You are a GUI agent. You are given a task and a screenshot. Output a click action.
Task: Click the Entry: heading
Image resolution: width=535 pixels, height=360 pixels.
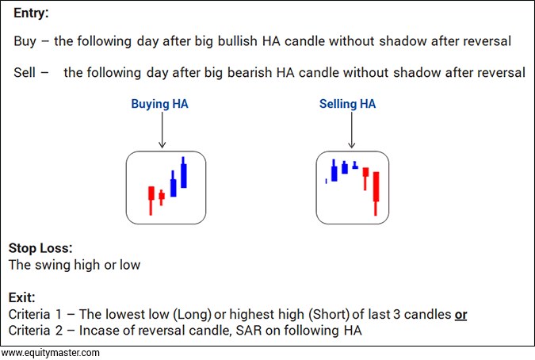pyautogui.click(x=31, y=13)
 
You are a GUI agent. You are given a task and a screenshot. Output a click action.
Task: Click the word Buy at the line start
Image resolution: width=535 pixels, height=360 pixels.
pyautogui.click(x=25, y=41)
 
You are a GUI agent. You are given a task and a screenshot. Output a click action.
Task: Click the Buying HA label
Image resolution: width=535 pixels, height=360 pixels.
pyautogui.click(x=159, y=104)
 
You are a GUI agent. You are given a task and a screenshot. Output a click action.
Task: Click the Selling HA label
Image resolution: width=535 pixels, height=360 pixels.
pyautogui.click(x=347, y=104)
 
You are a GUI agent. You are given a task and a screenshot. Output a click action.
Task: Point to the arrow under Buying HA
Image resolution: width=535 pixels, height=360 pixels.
pyautogui.click(x=162, y=130)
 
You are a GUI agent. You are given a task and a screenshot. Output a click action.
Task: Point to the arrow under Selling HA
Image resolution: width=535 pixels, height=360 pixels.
pyautogui.click(x=351, y=130)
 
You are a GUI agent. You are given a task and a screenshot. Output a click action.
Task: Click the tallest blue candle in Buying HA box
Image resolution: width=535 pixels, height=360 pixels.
pyautogui.click(x=184, y=172)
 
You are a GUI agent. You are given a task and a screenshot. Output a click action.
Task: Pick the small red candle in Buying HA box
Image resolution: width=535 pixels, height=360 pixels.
pyautogui.click(x=162, y=197)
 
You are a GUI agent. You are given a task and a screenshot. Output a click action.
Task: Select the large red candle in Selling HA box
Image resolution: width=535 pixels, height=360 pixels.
pyautogui.click(x=376, y=193)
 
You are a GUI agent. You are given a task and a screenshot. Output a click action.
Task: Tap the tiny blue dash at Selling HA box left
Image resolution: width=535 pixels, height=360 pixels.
pyautogui.click(x=327, y=182)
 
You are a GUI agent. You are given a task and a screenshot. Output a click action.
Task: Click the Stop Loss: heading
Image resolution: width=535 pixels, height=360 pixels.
pyautogui.click(x=40, y=248)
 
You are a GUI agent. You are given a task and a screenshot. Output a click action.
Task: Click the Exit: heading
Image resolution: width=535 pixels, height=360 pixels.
pyautogui.click(x=22, y=297)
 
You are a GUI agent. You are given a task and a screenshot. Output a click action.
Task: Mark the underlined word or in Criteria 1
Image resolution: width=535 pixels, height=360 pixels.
pyautogui.click(x=460, y=315)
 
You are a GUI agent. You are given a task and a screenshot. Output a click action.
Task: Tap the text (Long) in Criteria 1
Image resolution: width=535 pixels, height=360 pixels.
pyautogui.click(x=193, y=314)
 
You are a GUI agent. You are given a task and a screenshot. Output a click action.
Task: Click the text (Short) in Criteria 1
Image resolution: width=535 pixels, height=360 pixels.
pyautogui.click(x=329, y=314)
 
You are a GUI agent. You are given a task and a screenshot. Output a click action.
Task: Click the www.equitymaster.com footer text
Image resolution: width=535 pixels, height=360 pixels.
pyautogui.click(x=50, y=353)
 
